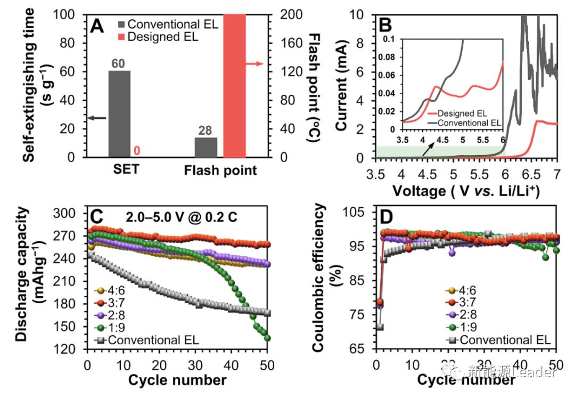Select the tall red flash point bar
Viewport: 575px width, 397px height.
click(234, 85)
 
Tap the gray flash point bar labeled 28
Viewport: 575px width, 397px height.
click(206, 147)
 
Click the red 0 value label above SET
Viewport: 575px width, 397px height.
click(137, 151)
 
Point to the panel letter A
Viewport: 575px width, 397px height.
click(97, 26)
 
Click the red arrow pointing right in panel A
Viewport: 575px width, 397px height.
click(255, 64)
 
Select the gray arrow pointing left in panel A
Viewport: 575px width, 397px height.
click(97, 118)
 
